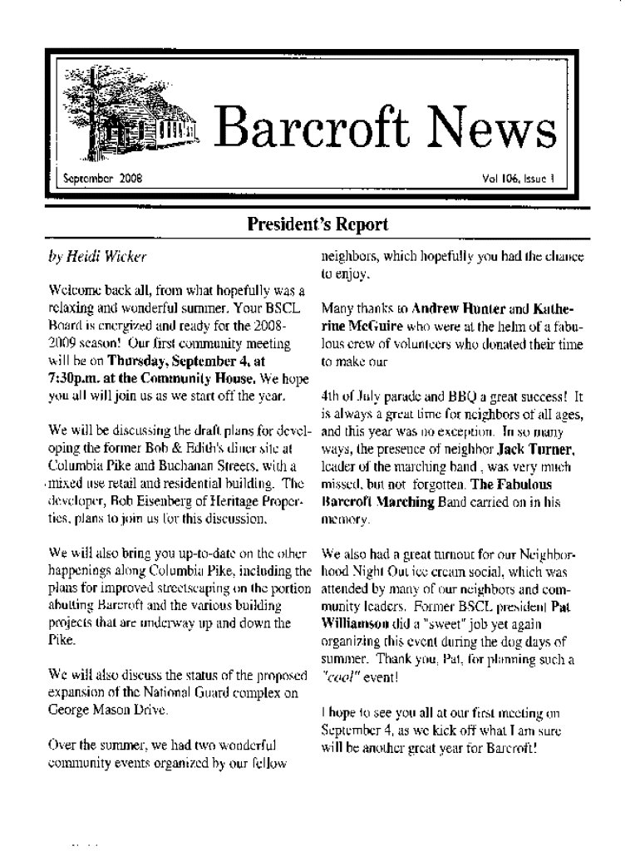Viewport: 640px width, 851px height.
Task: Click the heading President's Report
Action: click(317, 224)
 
